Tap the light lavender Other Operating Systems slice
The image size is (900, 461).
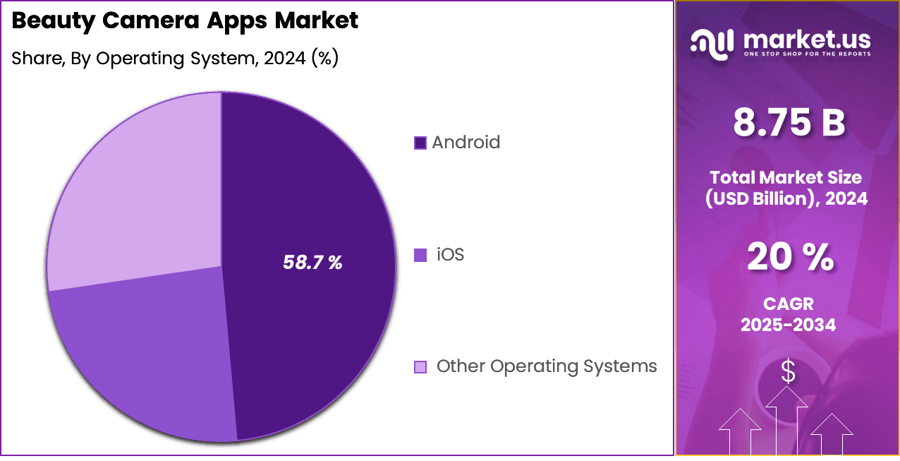141,191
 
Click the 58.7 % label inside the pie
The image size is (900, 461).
312,263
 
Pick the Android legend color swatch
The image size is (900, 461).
420,143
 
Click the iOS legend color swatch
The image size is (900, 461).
420,255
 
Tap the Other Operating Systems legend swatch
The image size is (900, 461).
420,367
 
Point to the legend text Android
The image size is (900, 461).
466,143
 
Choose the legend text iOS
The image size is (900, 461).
450,254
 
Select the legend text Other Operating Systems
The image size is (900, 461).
547,366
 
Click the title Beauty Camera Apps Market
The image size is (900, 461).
185,20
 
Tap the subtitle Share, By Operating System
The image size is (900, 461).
175,59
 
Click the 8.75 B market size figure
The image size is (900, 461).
789,123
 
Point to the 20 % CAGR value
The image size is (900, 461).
789,258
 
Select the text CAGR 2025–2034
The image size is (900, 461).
789,314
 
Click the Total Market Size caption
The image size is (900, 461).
787,188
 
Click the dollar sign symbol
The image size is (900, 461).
788,372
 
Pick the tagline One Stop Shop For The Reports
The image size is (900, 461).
806,54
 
